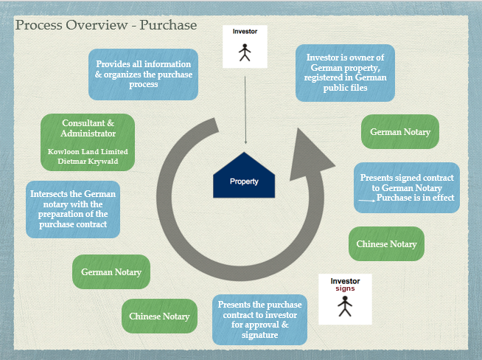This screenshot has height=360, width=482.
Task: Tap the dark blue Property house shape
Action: point(244,178)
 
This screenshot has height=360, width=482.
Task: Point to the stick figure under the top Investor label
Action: point(245,52)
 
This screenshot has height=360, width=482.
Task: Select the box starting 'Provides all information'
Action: point(143,75)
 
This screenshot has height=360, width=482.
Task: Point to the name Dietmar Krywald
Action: point(88,161)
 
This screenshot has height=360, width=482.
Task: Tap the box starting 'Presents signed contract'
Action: point(407,188)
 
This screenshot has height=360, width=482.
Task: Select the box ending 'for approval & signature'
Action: point(259,320)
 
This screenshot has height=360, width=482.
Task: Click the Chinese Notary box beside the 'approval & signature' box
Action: point(159,316)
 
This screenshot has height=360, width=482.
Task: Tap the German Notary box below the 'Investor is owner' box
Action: point(400,131)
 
